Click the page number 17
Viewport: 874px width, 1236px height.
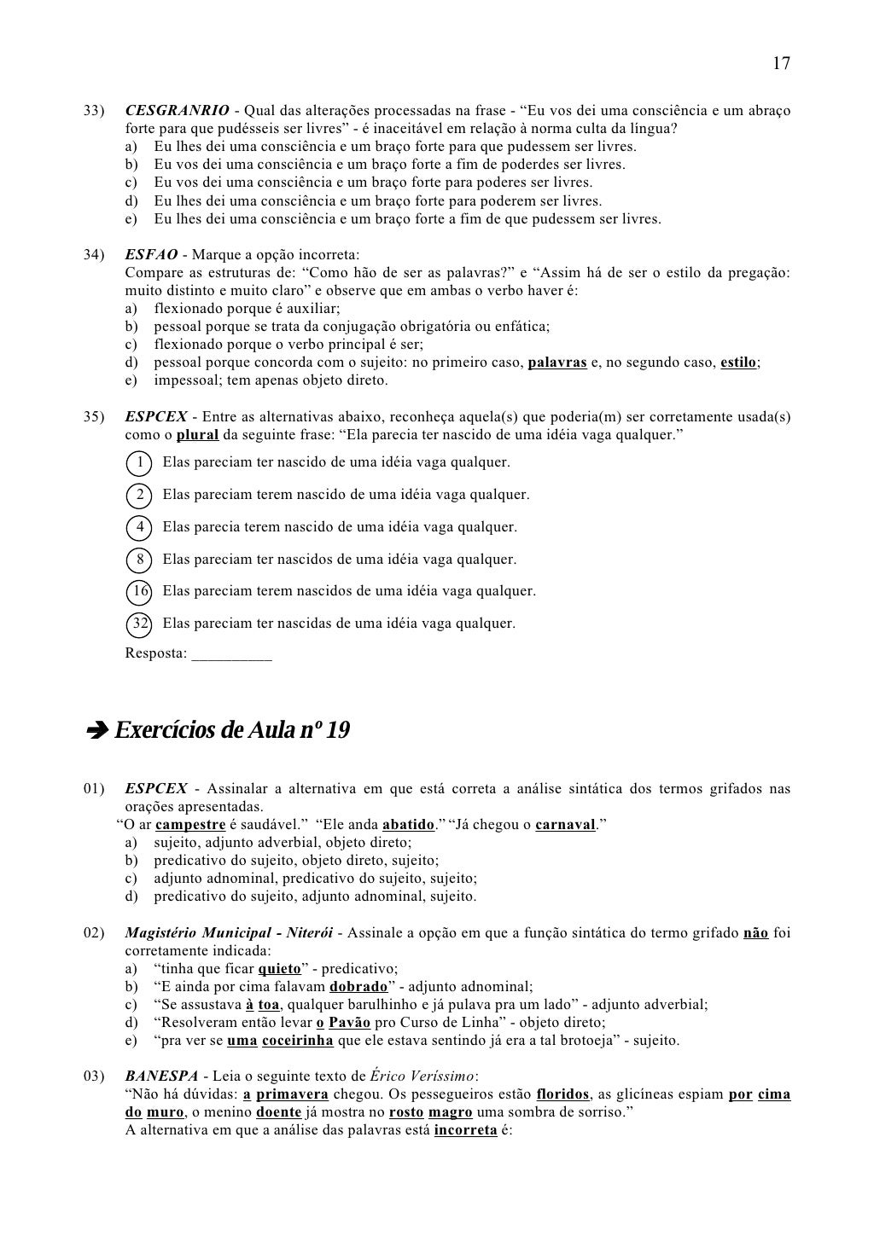tap(781, 64)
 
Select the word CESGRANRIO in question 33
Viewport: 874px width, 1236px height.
tap(177, 111)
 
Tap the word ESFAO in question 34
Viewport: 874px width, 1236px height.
tap(151, 255)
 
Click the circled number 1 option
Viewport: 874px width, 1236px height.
tap(137, 463)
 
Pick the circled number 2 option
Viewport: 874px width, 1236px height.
tap(138, 496)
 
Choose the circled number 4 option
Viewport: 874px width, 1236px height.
tap(138, 527)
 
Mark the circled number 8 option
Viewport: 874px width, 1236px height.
tap(138, 560)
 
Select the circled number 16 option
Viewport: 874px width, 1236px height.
tap(138, 591)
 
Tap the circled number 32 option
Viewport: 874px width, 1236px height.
tap(138, 624)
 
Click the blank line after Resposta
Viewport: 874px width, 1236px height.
tap(232, 655)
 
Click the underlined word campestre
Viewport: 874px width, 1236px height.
tap(190, 825)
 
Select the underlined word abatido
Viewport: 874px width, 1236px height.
tap(408, 825)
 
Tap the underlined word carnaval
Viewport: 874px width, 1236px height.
tap(565, 825)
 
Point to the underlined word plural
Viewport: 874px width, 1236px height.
tap(198, 435)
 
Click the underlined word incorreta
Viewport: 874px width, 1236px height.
tap(465, 1130)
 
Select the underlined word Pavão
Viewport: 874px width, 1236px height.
tap(349, 1023)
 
